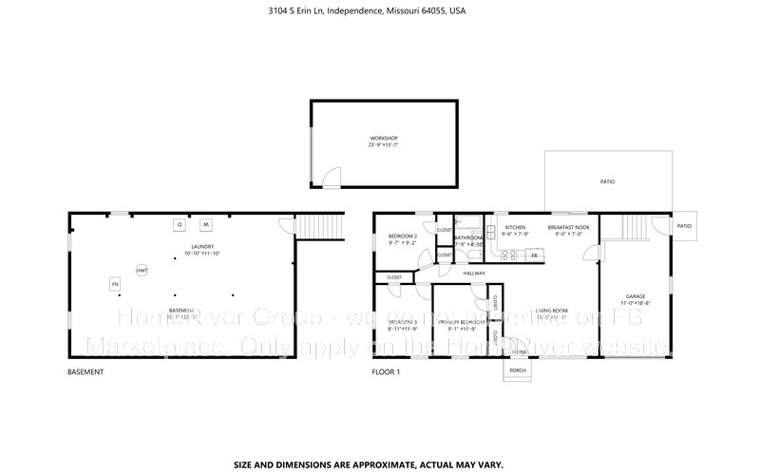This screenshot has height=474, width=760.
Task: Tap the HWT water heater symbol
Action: coord(142,271)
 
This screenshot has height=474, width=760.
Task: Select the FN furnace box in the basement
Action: coord(115,284)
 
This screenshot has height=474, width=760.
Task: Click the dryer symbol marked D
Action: coord(179,224)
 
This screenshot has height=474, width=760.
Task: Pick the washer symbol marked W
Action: coord(204,224)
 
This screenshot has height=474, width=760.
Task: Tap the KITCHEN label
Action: coord(515,227)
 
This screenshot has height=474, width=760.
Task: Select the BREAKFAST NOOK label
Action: coord(569,227)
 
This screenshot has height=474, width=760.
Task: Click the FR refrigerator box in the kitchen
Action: coord(535,255)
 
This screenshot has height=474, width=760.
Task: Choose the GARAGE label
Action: coord(635,295)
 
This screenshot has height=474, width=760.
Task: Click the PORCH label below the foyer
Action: coord(518,370)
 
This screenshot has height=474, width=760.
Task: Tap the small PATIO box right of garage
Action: coord(684,226)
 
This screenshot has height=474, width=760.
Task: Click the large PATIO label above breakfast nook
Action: coord(607,180)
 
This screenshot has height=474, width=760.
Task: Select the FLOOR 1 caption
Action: coord(387,372)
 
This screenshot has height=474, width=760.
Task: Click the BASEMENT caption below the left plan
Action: coord(85,372)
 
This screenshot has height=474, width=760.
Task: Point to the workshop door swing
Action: coord(329,176)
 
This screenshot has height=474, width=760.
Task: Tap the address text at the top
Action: coord(380,11)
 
